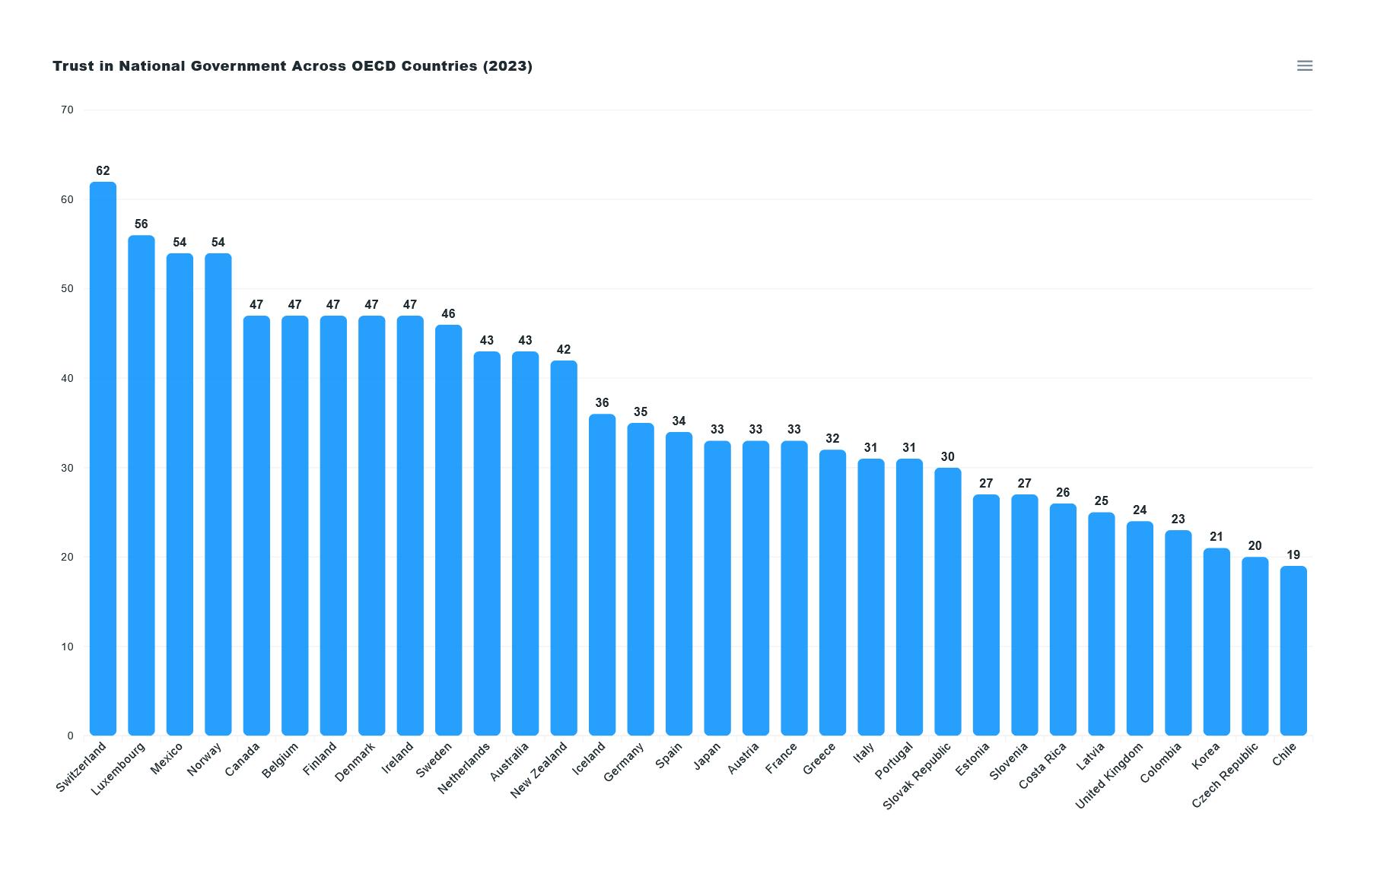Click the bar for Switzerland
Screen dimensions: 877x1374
point(103,459)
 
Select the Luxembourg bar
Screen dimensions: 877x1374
point(142,485)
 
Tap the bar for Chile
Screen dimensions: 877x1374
point(1293,650)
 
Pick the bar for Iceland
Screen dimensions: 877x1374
point(602,574)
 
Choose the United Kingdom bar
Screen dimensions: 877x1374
point(1140,628)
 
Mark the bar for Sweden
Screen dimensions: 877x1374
point(448,530)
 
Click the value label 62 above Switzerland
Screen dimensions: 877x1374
point(103,171)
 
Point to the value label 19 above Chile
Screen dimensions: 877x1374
point(1293,555)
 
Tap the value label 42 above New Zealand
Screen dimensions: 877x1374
point(564,350)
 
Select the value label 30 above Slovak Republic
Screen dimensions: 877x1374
point(947,457)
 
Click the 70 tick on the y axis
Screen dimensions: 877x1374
point(67,110)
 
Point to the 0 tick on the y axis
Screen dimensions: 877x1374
point(70,736)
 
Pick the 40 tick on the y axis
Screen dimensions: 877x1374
point(67,379)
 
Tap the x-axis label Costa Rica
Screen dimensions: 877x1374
point(1042,766)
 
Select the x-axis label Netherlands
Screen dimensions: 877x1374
point(464,769)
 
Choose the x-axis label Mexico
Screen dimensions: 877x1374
point(167,759)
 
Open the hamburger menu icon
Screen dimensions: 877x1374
point(1304,66)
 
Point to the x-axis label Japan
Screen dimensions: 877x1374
point(707,757)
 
